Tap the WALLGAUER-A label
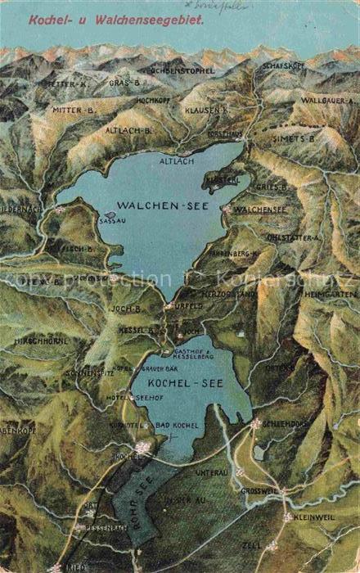click(326, 100)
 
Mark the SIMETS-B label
click(299, 139)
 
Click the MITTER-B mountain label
click(74, 108)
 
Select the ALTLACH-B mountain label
click(128, 130)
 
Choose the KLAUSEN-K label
click(206, 109)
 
